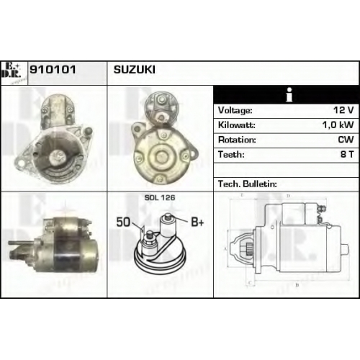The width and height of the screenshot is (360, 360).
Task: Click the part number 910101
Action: pyautogui.click(x=53, y=70)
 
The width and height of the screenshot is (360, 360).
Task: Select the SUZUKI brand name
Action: pyautogui.click(x=135, y=70)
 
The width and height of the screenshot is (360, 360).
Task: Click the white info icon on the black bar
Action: pyautogui.click(x=289, y=95)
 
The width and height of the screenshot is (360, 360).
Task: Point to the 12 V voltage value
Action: pyautogui.click(x=343, y=110)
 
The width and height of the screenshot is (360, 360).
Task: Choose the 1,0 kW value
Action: pyautogui.click(x=338, y=125)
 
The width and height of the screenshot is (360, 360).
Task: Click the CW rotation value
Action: pyautogui.click(x=346, y=140)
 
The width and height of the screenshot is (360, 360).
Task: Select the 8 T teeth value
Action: pyautogui.click(x=347, y=154)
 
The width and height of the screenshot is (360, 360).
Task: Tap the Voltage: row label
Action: pyautogui.click(x=235, y=110)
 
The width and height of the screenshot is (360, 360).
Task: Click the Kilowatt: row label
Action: pyautogui.click(x=237, y=125)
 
